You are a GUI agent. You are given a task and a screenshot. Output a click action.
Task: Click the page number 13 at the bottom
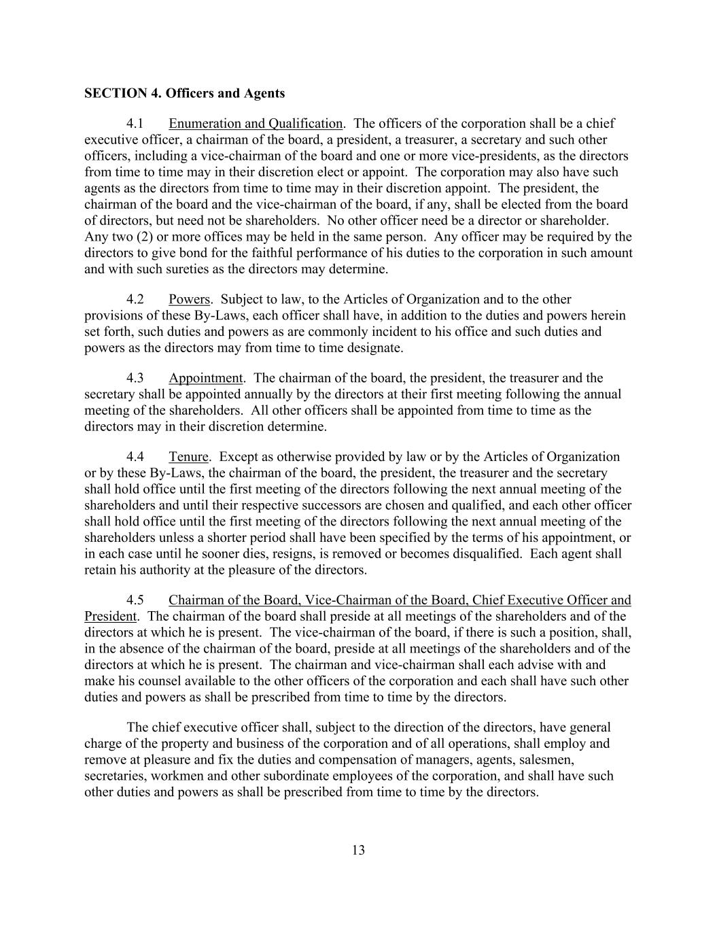(x=359, y=850)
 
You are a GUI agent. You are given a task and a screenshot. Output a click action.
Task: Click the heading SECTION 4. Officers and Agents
(x=184, y=93)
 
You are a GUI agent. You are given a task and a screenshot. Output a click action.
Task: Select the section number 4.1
(x=135, y=124)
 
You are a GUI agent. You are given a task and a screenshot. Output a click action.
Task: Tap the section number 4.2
(x=135, y=299)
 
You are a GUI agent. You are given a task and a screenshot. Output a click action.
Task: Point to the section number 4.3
(x=135, y=378)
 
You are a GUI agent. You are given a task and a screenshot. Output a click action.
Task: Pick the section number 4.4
(x=135, y=457)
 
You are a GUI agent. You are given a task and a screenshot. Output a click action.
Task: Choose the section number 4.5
(x=135, y=600)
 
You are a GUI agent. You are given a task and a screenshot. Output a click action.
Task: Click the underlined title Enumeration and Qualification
(x=255, y=124)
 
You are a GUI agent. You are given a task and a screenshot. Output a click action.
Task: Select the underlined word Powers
(x=190, y=299)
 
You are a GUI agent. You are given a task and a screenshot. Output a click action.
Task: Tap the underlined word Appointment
(x=205, y=378)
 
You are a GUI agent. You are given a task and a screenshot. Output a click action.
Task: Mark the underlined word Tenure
(x=188, y=457)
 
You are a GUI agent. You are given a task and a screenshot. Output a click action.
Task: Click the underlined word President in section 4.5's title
(x=110, y=617)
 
